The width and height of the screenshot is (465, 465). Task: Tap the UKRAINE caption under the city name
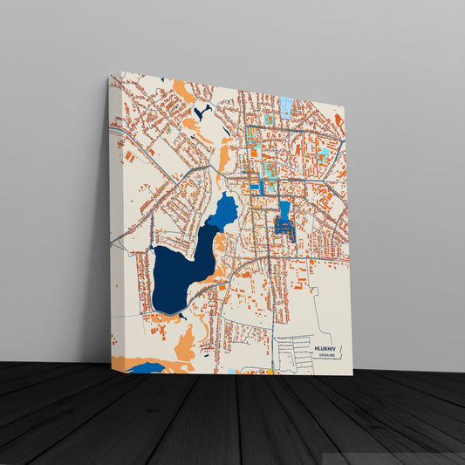[x=325, y=356]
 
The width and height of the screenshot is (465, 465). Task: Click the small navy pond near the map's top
[x=203, y=113]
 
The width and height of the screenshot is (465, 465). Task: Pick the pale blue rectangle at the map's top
[x=286, y=107]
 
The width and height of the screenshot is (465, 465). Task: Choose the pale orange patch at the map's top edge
[x=184, y=90]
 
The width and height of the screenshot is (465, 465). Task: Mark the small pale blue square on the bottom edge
[x=231, y=372]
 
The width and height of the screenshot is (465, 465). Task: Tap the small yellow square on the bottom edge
[x=270, y=373]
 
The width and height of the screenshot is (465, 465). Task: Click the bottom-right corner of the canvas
[x=352, y=375]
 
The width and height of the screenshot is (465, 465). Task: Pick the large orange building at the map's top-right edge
[x=338, y=123]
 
